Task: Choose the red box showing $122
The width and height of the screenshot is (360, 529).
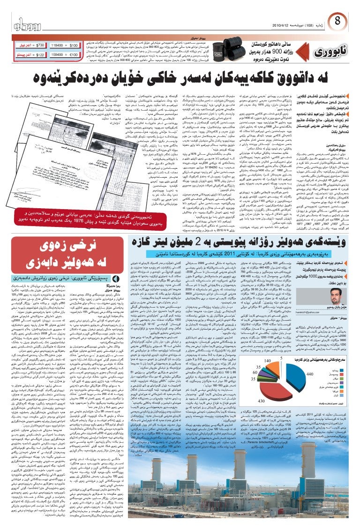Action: tap(26, 55)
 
